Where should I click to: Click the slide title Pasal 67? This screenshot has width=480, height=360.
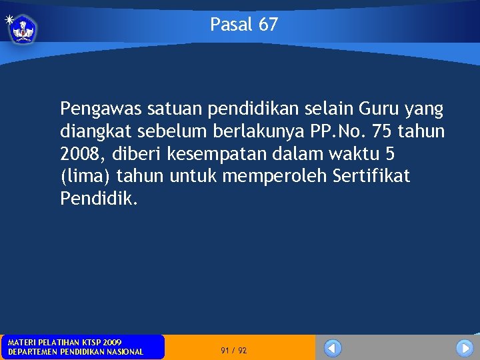point(244,25)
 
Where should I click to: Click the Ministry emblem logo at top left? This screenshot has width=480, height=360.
point(24,29)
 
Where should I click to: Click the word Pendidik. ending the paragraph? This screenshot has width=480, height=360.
point(99,199)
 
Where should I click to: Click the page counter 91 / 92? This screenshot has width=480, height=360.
point(233,350)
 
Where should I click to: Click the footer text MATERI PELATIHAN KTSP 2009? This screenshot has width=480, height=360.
point(64,342)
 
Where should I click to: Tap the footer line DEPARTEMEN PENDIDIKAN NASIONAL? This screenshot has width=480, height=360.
point(75,351)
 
